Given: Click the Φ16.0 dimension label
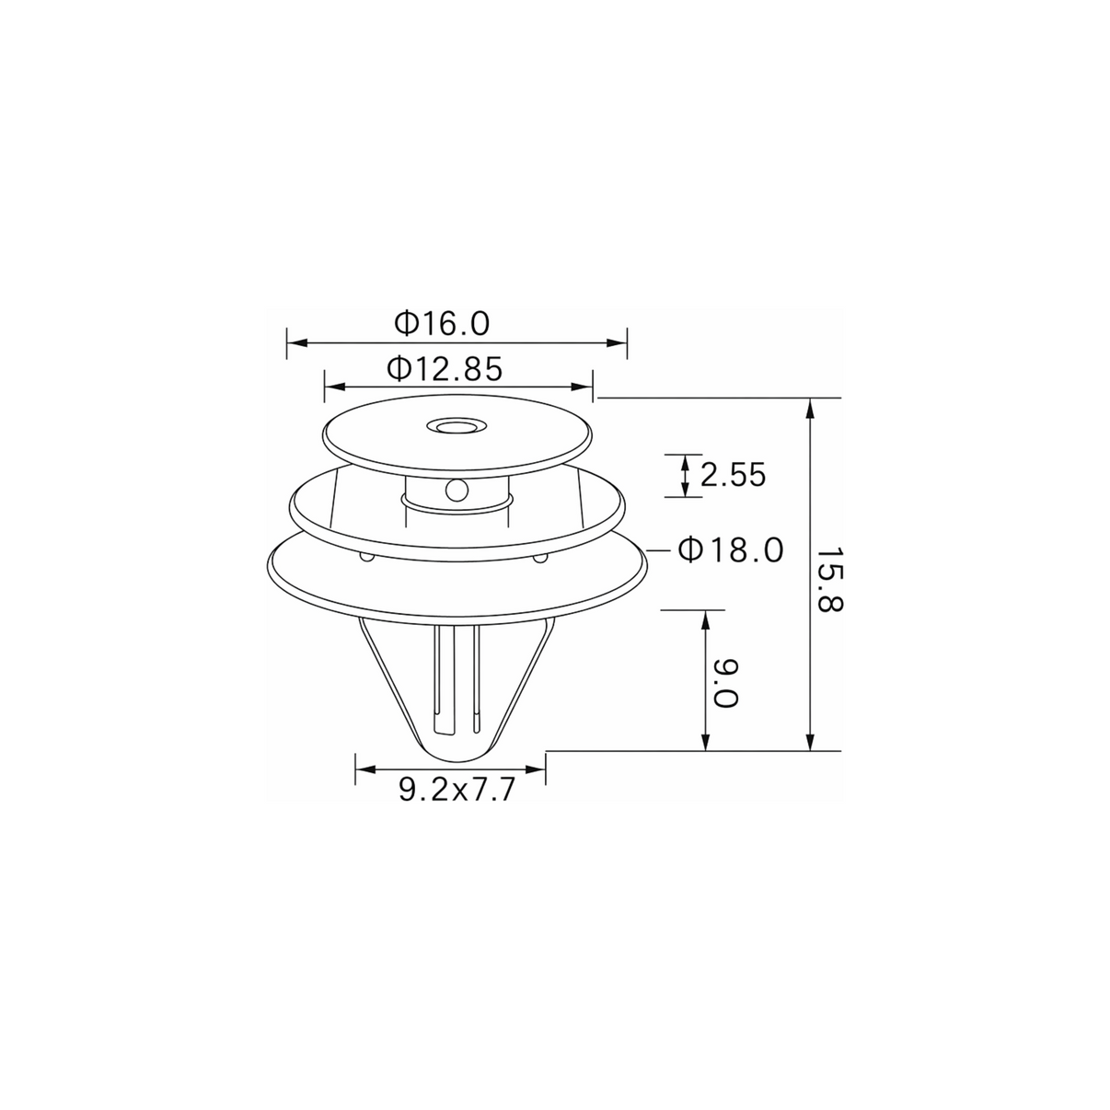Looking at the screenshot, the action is click(442, 323).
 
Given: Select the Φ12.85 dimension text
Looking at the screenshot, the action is click(445, 369).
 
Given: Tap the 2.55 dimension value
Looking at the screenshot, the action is click(733, 475).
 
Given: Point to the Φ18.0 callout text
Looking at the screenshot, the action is click(731, 550).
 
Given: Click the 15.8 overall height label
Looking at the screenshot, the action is click(829, 587).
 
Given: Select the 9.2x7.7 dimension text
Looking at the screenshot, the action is click(457, 790).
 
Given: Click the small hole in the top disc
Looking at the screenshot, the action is click(455, 427).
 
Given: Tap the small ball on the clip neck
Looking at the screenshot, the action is click(456, 491).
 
